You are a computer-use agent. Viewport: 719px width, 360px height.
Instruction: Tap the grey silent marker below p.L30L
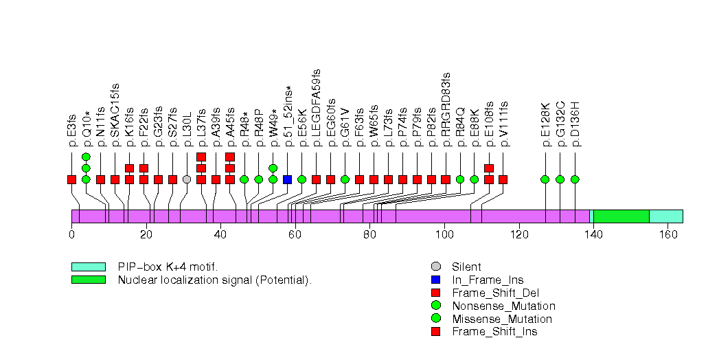[x=187, y=179]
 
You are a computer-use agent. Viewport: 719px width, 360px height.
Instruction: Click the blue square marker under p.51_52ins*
[x=288, y=179]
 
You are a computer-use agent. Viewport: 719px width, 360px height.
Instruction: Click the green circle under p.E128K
[x=545, y=179]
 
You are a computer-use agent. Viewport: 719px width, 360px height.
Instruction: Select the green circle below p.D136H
[x=575, y=179]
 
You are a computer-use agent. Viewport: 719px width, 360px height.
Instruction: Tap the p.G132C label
[x=560, y=124]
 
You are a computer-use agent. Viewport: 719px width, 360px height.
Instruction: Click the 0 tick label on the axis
[x=71, y=234]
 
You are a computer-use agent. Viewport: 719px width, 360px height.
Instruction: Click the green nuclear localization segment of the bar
[x=621, y=216]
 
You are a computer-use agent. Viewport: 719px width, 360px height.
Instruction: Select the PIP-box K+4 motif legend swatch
[x=88, y=267]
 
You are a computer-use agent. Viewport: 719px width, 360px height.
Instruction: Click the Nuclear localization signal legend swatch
[x=88, y=280]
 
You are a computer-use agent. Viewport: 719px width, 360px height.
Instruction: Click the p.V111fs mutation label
[x=504, y=124]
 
